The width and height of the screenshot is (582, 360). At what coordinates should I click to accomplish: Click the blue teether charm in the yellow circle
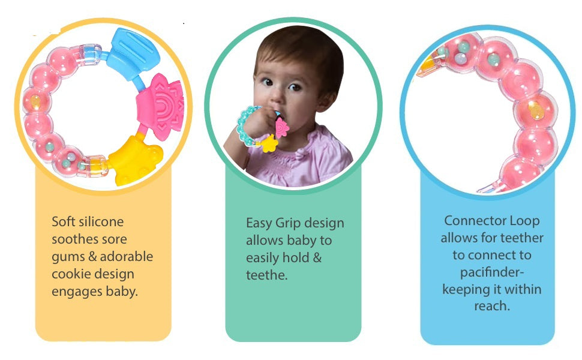[x=134, y=53]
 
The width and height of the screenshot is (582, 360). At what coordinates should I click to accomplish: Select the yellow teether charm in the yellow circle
[x=135, y=160]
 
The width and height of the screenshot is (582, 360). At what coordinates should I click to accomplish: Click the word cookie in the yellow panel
[x=70, y=274]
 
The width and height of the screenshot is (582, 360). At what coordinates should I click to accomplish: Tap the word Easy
[x=259, y=223]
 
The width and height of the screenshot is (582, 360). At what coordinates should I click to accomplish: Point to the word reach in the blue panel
[x=491, y=306]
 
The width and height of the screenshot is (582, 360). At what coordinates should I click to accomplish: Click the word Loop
[x=524, y=221]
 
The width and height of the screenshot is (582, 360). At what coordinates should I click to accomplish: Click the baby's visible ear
[x=326, y=100]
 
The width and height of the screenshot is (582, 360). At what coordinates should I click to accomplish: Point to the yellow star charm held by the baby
[x=269, y=143]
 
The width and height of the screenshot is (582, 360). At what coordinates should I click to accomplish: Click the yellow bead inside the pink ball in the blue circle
[x=536, y=110]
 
